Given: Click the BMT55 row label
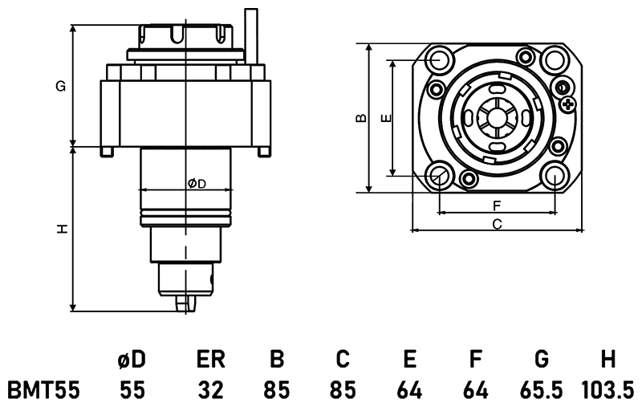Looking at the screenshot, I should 43,391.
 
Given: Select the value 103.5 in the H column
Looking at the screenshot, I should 606,391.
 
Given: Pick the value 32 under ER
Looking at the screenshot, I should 210,391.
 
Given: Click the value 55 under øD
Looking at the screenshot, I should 133,391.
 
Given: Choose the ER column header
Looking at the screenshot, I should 210,359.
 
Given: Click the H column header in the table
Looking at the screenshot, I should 607,359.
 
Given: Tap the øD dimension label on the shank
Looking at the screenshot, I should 197,184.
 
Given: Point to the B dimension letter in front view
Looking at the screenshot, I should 361,118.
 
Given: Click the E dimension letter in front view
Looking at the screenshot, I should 386,118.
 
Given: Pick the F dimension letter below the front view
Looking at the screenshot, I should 497,206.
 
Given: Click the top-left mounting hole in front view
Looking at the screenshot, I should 439,59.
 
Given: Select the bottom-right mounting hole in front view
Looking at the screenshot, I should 555,175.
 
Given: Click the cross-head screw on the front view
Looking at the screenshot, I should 569,104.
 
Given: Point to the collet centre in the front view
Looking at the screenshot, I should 496,117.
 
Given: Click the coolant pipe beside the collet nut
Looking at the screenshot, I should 253,36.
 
